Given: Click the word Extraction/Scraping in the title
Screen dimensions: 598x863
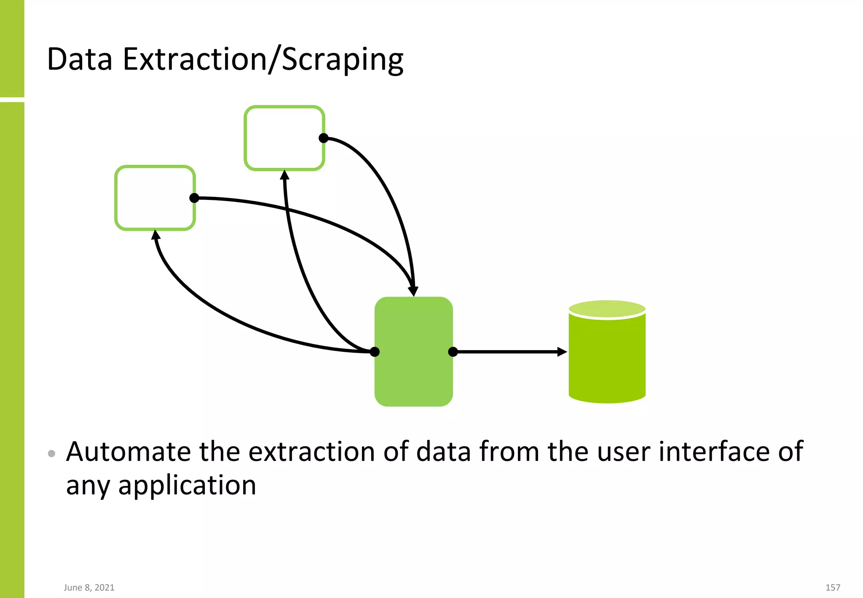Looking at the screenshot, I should pos(263,60).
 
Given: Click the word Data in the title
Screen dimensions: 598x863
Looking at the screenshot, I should pos(80,60).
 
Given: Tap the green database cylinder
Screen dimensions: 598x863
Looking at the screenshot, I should pos(607,358).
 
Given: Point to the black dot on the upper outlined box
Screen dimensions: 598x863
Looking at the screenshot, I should pos(324,138).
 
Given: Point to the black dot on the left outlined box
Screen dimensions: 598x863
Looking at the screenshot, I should pos(194,198).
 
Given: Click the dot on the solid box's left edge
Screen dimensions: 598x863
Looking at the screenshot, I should pos(375,352).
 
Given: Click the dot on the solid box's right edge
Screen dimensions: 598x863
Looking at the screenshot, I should pos(453,352).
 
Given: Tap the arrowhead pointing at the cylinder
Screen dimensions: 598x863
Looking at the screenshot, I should pos(562,352).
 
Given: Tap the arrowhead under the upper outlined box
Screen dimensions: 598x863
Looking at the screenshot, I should pos(285,175).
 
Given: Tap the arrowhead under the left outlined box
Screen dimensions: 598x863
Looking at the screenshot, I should pos(155,235).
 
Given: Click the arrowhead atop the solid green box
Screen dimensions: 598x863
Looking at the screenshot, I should pos(413,291).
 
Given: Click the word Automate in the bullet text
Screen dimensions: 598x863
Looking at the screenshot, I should pos(129,452).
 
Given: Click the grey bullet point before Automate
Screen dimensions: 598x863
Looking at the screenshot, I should pos(51,454).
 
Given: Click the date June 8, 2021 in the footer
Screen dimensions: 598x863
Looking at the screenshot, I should pos(89,587).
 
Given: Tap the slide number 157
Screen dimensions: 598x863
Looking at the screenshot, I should pos(833,587).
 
